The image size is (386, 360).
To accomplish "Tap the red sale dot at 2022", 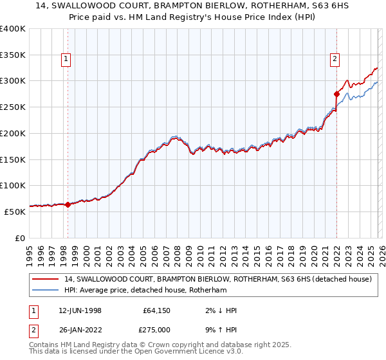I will click(336, 94).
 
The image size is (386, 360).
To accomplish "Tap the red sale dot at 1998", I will click(68, 204).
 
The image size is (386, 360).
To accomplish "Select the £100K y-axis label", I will click(13, 185).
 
